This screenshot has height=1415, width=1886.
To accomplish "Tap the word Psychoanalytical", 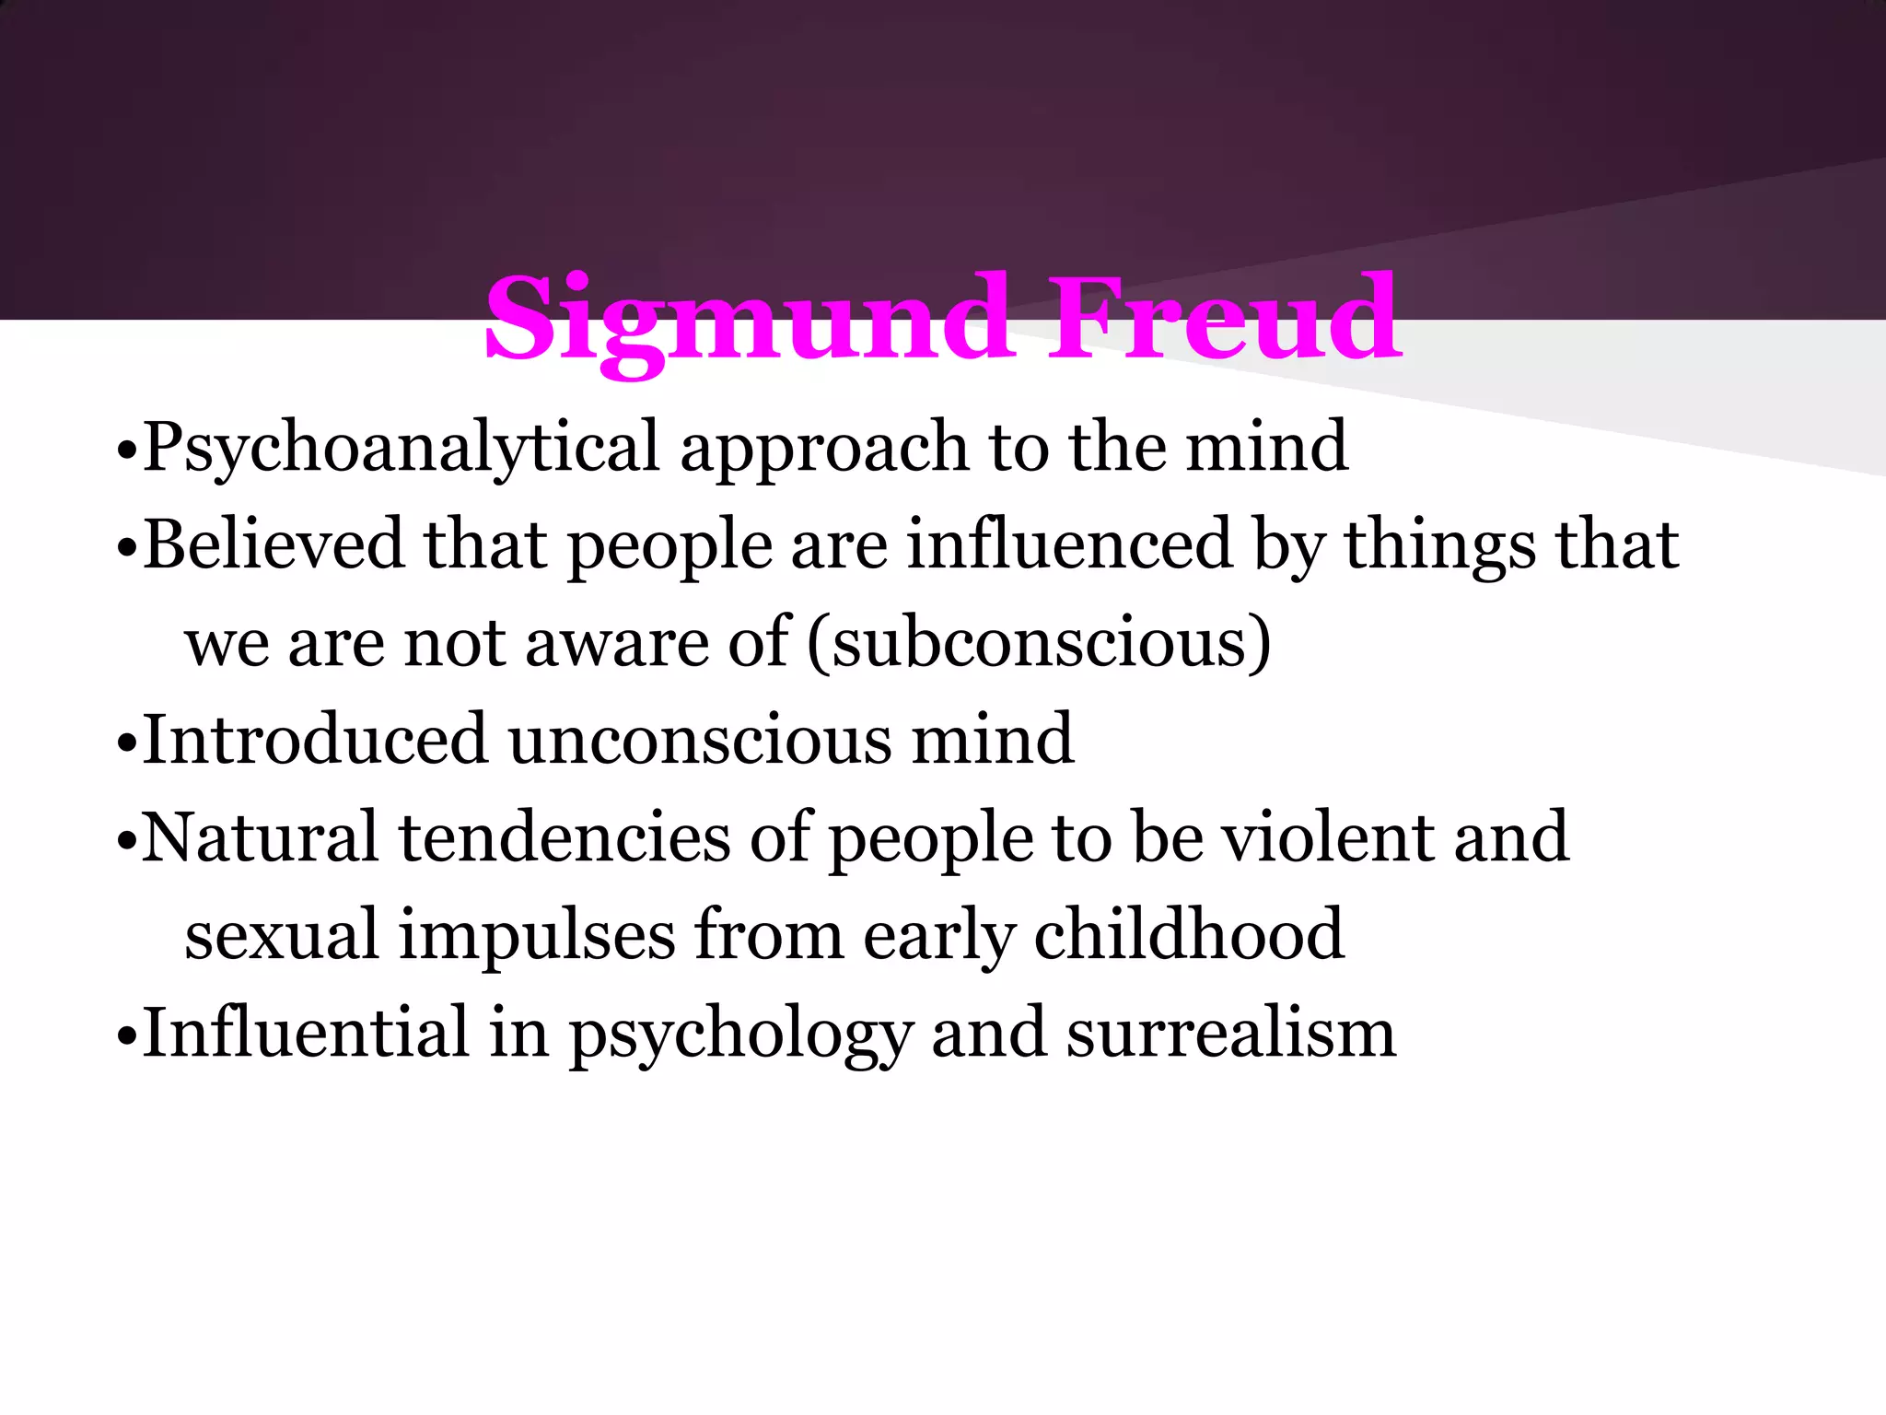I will pyautogui.click(x=402, y=448).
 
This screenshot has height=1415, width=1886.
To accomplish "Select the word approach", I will pyautogui.click(x=823, y=448).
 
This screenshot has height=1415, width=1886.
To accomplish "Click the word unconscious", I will pyautogui.click(x=700, y=739).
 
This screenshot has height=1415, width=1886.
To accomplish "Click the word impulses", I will pyautogui.click(x=537, y=934).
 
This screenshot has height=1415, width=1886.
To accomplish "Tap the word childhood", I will pyautogui.click(x=1189, y=934).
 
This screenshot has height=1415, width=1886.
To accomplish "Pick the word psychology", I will pyautogui.click(x=740, y=1034).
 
